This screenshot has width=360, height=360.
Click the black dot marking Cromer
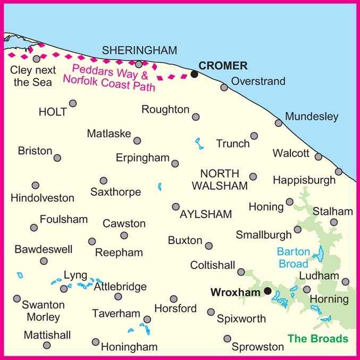[195, 74]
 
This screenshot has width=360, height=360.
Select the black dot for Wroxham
[268, 291]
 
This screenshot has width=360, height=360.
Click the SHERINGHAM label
[139, 51]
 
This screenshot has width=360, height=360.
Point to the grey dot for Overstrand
[224, 87]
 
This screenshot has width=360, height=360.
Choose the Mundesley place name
[311, 116]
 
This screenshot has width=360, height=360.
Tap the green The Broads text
[318, 339]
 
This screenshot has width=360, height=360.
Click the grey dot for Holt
[73, 103]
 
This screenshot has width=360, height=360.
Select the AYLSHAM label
[206, 214]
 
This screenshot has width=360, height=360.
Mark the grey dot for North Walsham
[253, 177]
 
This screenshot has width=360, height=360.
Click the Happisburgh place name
[304, 180]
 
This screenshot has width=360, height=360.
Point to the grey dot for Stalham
[334, 222]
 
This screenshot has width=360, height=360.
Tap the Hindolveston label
[43, 198]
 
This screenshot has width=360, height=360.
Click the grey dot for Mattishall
[47, 345]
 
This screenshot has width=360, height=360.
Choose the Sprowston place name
[258, 347]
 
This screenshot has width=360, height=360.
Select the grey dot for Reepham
[92, 241]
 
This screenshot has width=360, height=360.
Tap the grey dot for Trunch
[254, 136]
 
